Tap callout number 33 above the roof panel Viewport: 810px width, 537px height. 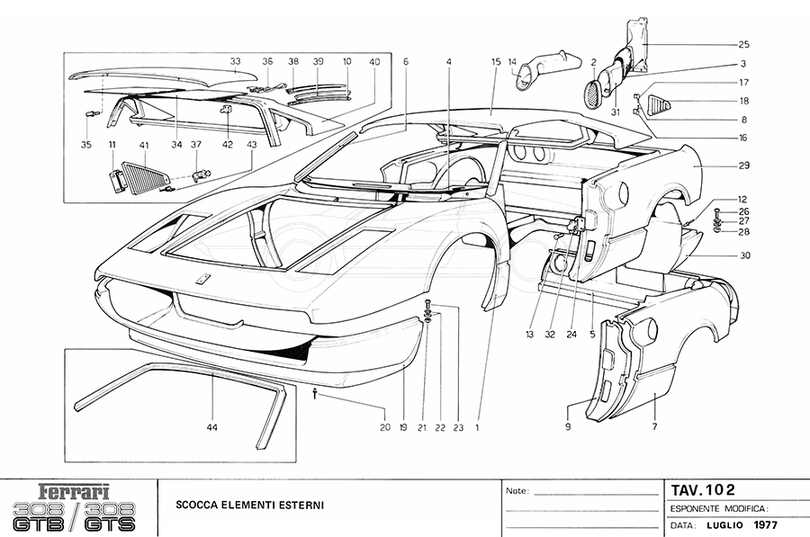tap(235, 62)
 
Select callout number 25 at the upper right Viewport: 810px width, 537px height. tap(743, 44)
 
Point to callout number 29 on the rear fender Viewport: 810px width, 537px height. tap(743, 166)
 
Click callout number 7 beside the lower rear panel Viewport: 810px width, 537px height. tap(654, 427)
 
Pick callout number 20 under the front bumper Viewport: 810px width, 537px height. tap(384, 428)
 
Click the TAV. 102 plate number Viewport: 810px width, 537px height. tap(702, 490)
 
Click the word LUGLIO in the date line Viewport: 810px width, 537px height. tap(723, 524)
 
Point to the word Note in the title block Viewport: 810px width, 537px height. tap(517, 492)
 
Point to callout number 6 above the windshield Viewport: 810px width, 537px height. tap(406, 62)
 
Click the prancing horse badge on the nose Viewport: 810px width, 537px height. tap(204, 278)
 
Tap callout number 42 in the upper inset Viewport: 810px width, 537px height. tap(227, 144)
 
